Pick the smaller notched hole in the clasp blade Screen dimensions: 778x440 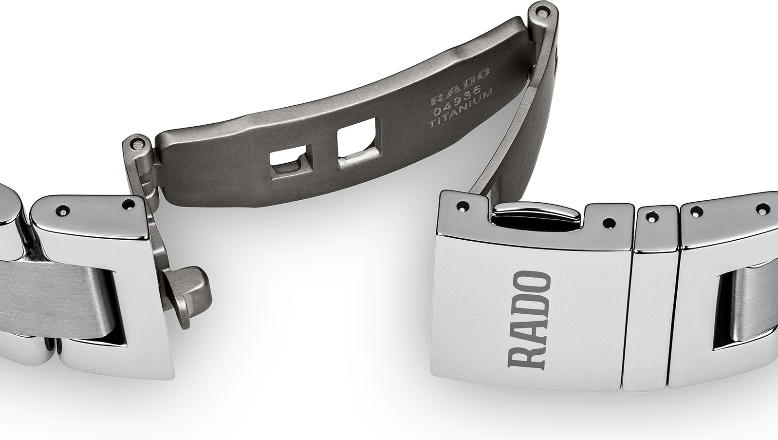click(x=291, y=159)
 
